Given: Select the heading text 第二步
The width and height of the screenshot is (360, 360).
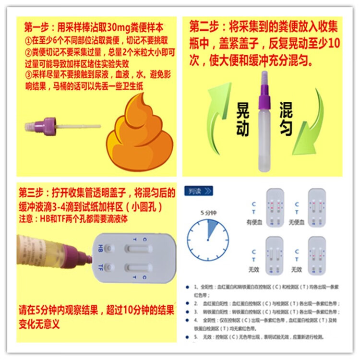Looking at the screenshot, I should point(205,25).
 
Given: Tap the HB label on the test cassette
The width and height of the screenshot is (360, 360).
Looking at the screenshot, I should point(100,248).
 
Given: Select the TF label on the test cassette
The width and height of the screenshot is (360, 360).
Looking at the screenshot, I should point(100,267).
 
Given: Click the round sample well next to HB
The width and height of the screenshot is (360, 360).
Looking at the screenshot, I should point(110,248).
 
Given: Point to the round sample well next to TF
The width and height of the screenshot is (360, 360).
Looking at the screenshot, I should point(110,267).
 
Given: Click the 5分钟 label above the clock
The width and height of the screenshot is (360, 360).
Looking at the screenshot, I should point(209,212).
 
